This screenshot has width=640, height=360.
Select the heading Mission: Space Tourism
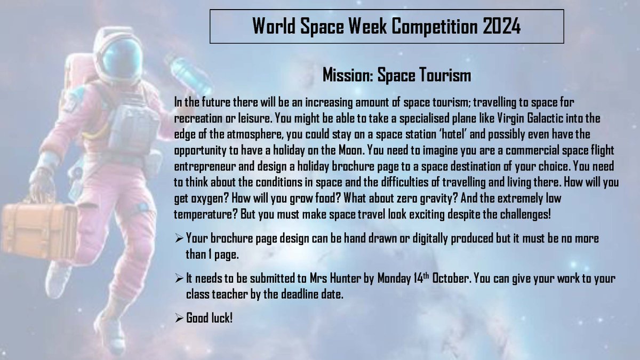pos(397,75)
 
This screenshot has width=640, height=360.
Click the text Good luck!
pos(209,319)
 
